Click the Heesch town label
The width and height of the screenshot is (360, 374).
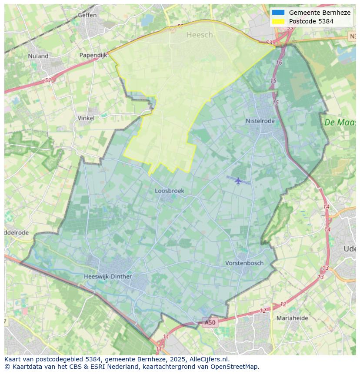[200, 35]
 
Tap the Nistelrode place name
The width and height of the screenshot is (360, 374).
[260, 121]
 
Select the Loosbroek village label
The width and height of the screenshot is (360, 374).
[170, 191]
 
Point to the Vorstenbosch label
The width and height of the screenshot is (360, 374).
[244, 263]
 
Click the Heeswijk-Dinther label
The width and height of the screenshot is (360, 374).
[108, 276]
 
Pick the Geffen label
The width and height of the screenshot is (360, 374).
[87, 15]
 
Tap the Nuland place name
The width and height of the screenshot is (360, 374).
[38, 56]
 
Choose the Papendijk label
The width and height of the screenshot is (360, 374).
[93, 55]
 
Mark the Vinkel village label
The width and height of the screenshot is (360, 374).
[86, 118]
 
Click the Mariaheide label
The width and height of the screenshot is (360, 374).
[292, 318]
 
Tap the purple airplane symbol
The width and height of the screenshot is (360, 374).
[238, 180]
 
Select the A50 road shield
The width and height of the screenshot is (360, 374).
[210, 322]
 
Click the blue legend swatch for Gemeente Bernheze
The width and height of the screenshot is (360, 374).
[278, 13]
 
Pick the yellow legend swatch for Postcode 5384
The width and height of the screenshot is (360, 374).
[278, 21]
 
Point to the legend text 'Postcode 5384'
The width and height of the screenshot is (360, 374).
[311, 21]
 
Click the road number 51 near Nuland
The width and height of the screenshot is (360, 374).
[48, 80]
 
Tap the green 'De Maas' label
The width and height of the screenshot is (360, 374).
[340, 122]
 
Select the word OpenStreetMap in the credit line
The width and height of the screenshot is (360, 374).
[234, 367]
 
